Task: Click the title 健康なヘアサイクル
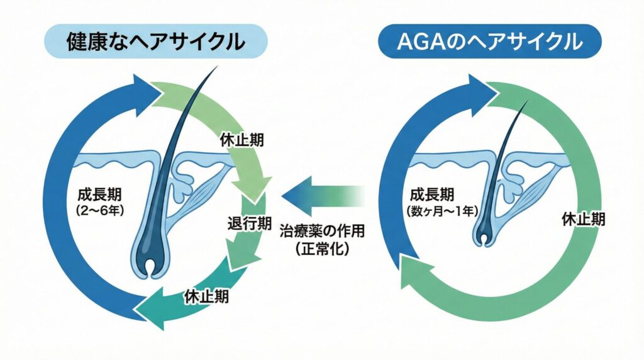pos(156,41)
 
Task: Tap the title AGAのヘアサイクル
pos(490,41)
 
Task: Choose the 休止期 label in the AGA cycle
pos(585,219)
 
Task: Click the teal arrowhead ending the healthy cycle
pos(151,308)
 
